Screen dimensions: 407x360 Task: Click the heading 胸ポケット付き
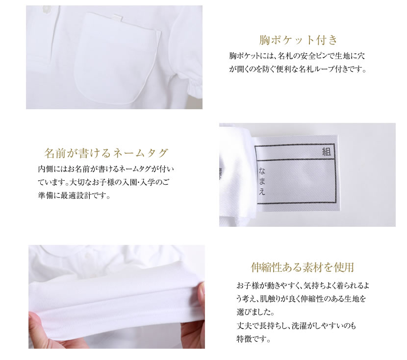(299, 40)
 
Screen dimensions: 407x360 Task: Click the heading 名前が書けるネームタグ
(106, 153)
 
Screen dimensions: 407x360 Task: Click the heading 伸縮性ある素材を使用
(303, 267)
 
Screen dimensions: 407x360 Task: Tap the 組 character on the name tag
(326, 152)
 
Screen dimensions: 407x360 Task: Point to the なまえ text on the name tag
(262, 181)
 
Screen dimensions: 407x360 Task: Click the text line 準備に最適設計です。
(74, 196)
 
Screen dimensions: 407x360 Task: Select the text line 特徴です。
(254, 338)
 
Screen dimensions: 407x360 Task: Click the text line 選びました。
(255, 312)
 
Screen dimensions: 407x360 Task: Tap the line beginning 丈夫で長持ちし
(296, 326)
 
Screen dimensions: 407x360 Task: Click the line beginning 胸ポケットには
(297, 56)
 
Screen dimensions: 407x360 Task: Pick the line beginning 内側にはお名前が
(106, 169)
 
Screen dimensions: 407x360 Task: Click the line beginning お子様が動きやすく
(303, 286)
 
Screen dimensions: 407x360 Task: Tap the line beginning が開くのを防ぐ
(298, 69)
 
